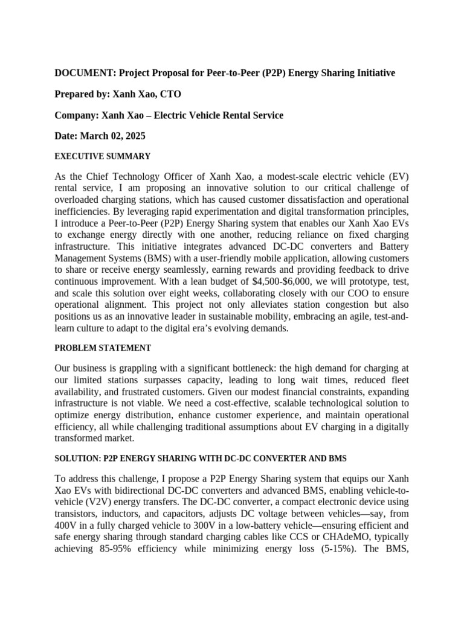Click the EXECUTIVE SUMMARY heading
pyautogui.click(x=102, y=156)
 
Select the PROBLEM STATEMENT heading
pyautogui.click(x=103, y=348)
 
